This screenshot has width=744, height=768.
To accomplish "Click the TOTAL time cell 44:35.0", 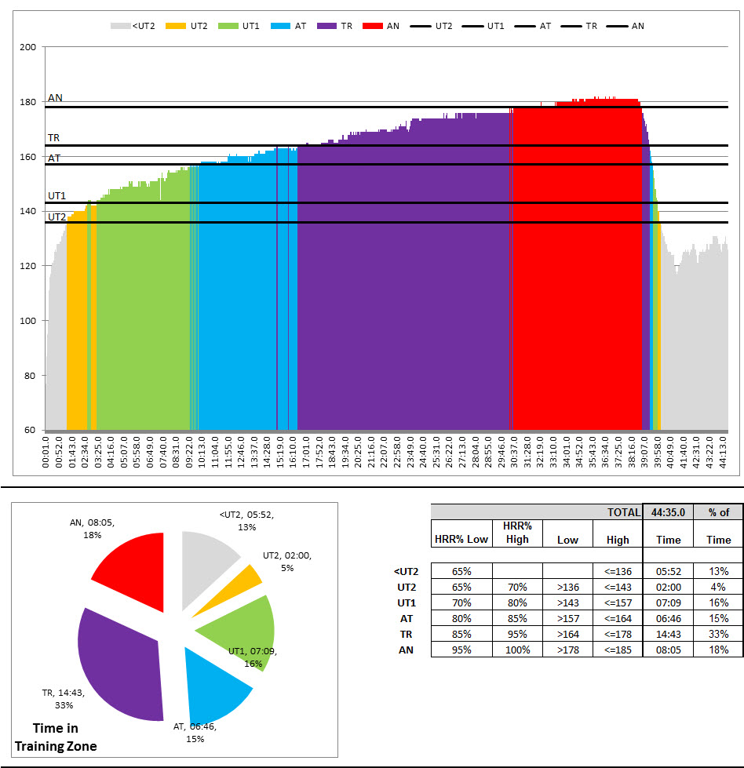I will [x=668, y=512].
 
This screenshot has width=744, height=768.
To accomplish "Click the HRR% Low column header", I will [x=461, y=539].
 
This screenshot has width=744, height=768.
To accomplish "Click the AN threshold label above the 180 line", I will [x=55, y=98].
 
